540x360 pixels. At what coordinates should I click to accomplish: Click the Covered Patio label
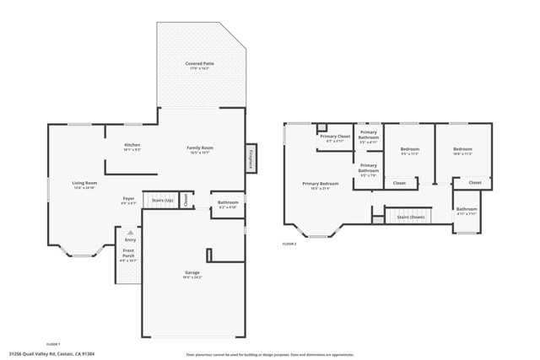point(199,64)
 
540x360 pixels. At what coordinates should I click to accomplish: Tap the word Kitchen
point(132,145)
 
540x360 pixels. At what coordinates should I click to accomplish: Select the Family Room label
point(200,148)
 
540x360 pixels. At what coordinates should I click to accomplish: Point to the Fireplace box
point(251,158)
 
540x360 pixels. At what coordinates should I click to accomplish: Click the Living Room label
point(84,183)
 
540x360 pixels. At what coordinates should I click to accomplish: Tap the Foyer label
point(128,199)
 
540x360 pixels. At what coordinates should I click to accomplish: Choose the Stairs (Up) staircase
point(162,201)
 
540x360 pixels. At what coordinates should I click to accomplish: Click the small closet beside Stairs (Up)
point(187,201)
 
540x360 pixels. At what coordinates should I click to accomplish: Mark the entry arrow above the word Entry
point(129,232)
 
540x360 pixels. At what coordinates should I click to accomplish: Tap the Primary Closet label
point(334,137)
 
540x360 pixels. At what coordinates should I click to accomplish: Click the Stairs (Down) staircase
point(410,217)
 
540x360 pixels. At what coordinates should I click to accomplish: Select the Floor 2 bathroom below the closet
point(467,209)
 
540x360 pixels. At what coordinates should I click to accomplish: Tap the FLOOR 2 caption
point(289,244)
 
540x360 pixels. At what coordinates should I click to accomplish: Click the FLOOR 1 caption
point(52,343)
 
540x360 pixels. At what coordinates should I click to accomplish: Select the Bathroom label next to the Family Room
point(228,202)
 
